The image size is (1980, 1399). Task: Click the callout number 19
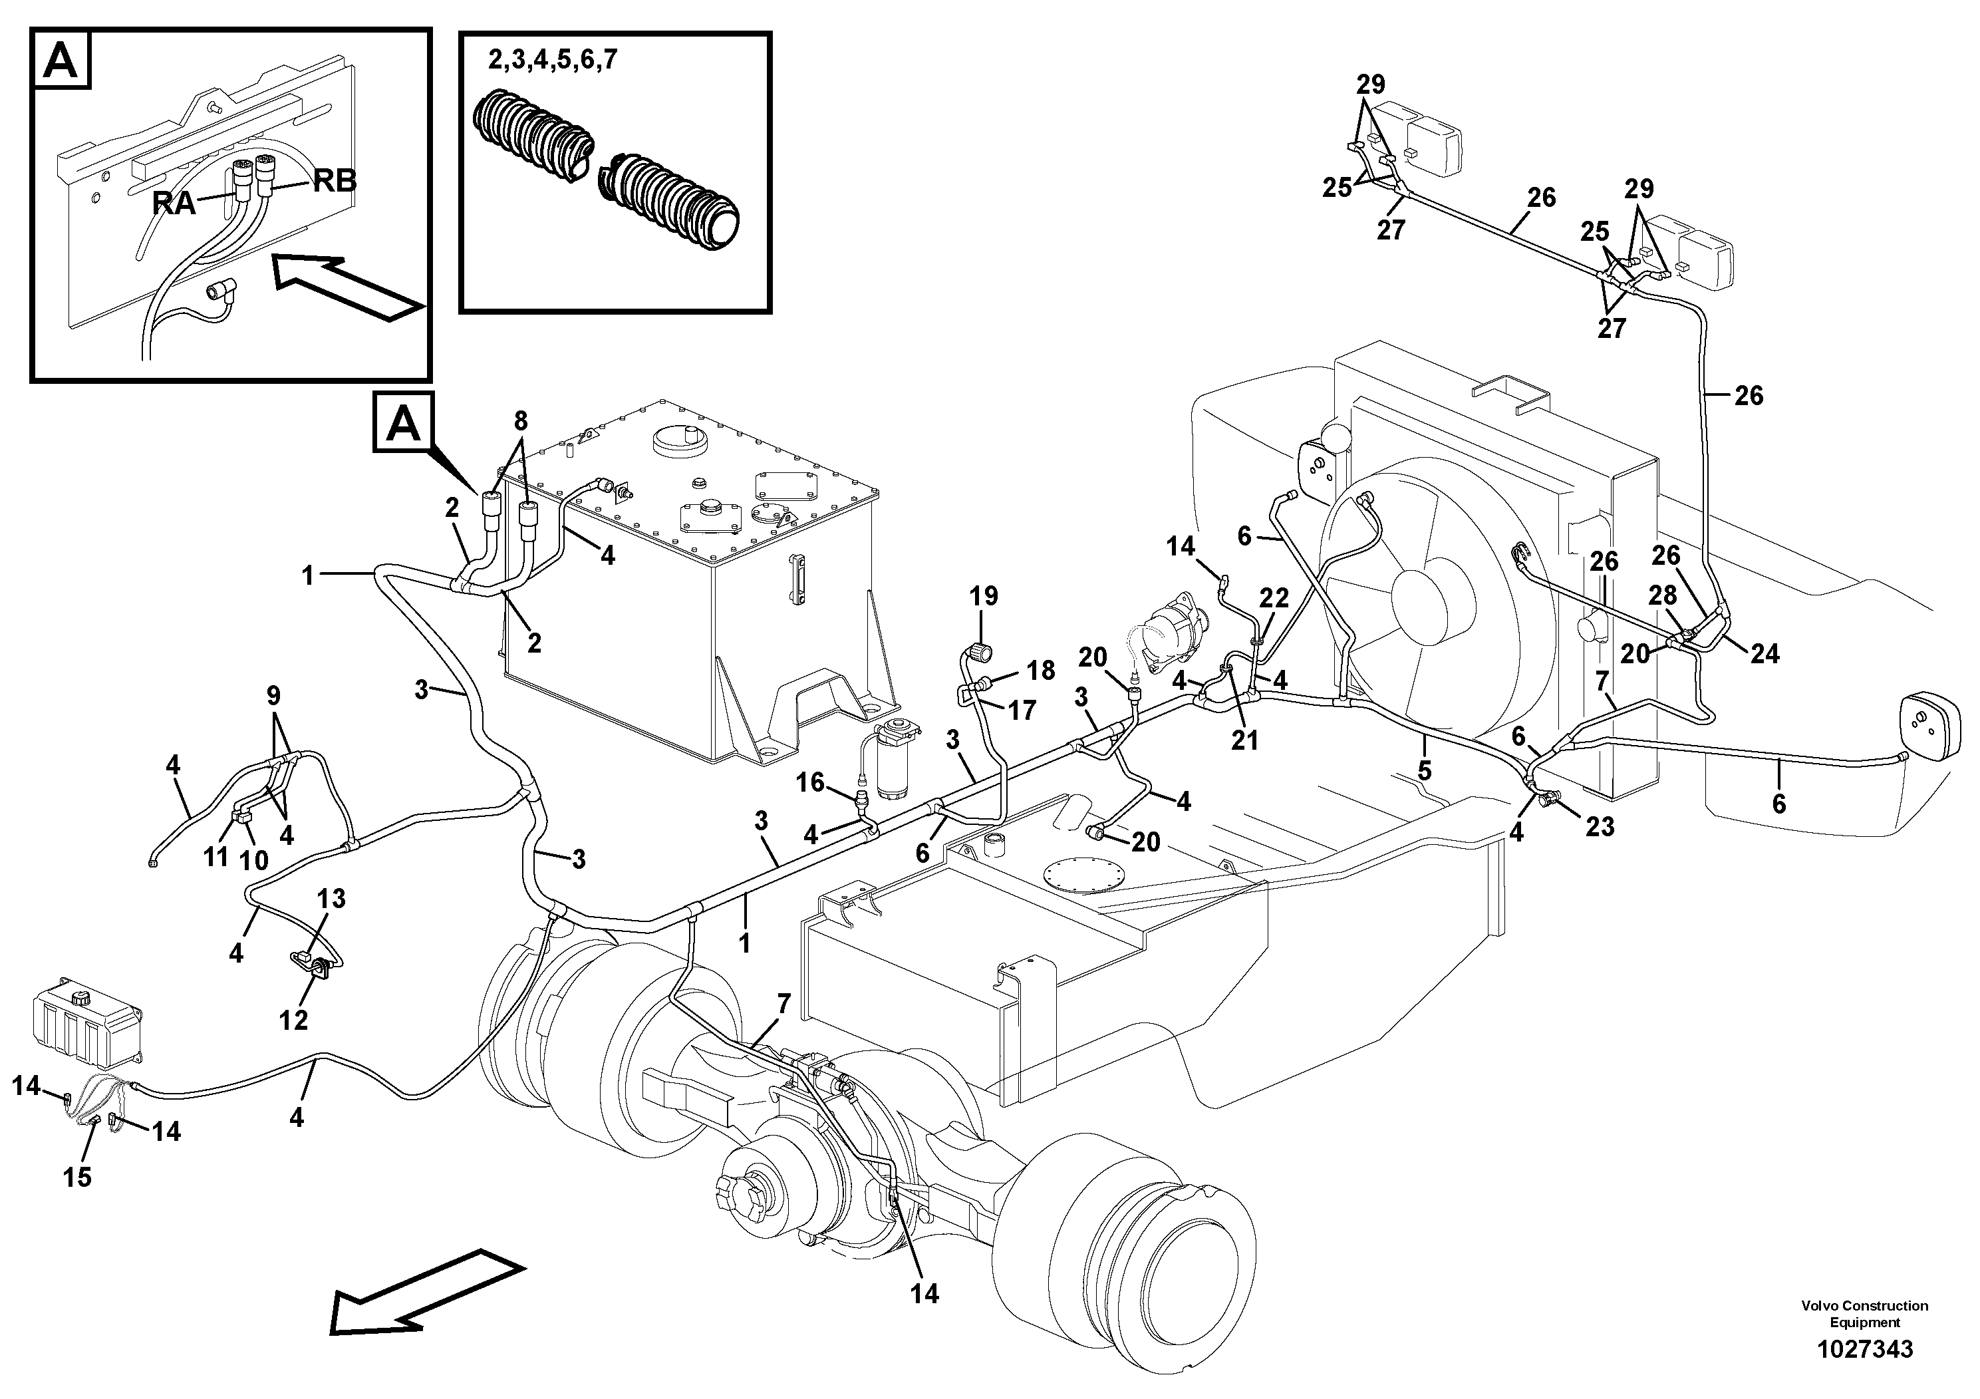tap(983, 596)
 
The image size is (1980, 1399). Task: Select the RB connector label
tap(335, 180)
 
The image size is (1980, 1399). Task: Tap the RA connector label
tap(174, 204)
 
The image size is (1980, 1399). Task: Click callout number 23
tap(1600, 826)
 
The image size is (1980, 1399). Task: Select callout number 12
tap(293, 1020)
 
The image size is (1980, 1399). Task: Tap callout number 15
tap(76, 1177)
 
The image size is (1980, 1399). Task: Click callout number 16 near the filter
tap(810, 782)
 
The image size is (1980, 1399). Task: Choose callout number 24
tap(1765, 654)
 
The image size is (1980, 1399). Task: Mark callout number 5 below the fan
tap(1424, 770)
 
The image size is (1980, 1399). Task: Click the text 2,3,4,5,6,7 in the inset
tap(552, 61)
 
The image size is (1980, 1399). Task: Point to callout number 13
tap(331, 899)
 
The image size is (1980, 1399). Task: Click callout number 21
tap(1244, 739)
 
